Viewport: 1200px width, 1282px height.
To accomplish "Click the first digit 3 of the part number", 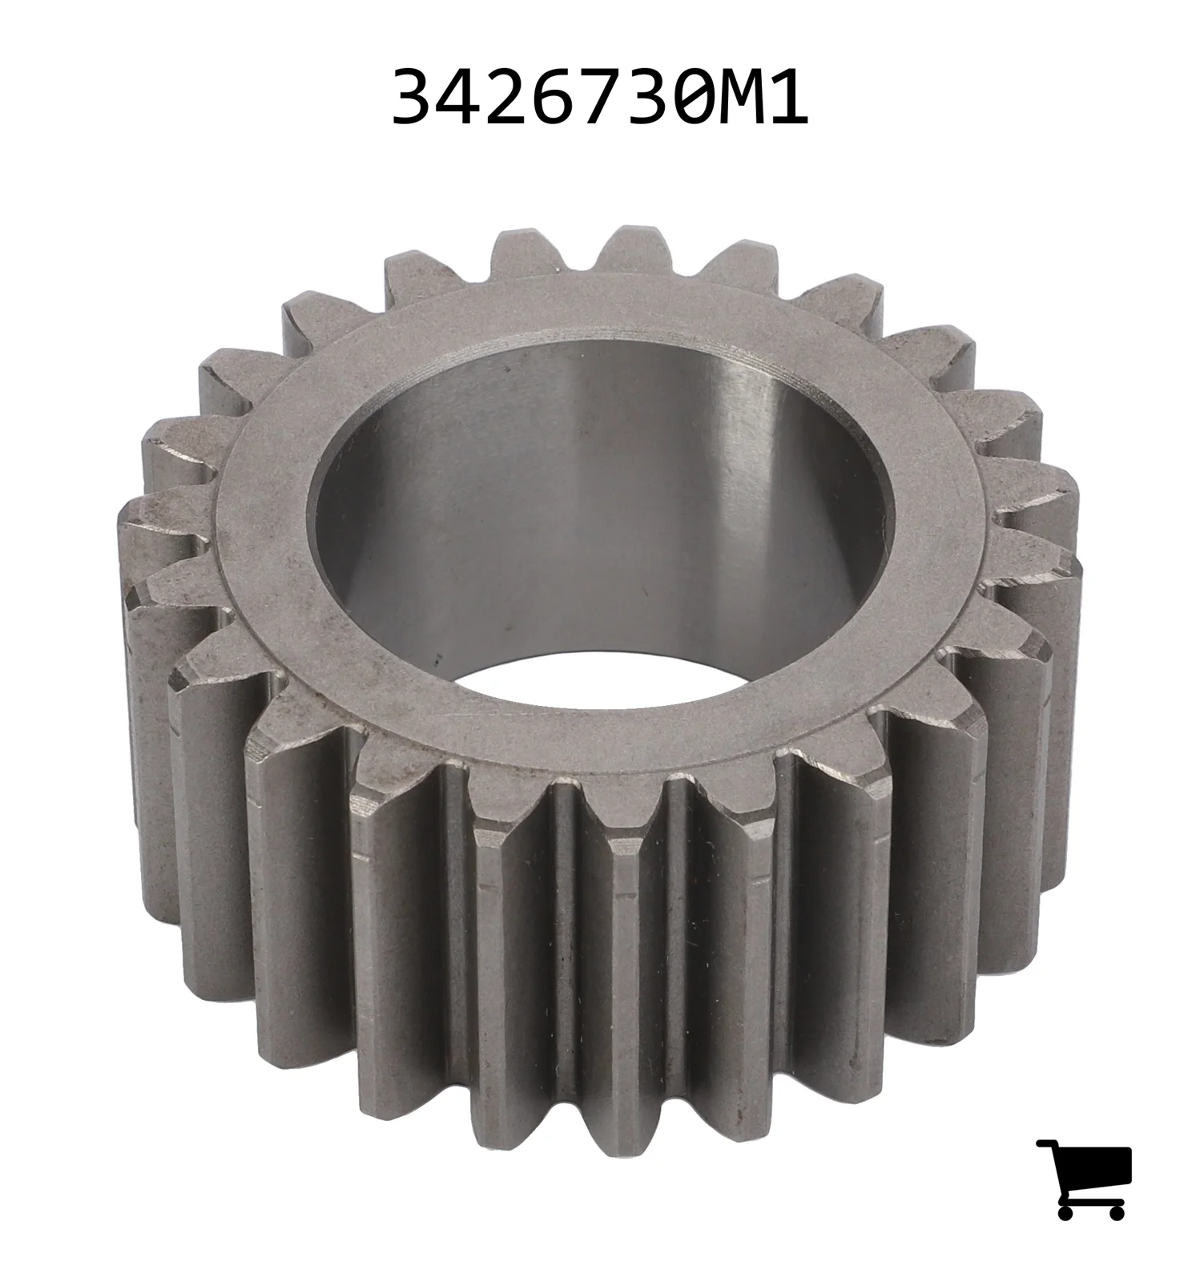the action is point(411,97).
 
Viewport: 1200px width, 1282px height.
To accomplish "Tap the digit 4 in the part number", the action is point(460,97).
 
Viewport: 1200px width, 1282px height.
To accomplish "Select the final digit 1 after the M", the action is point(789,97).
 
